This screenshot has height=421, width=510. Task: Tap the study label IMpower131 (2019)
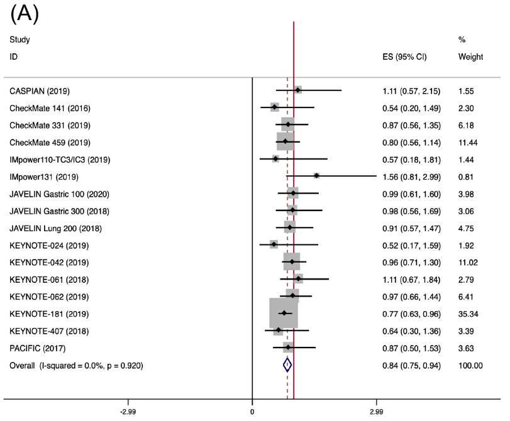(52, 176)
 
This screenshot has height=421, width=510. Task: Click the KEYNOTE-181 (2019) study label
(49, 313)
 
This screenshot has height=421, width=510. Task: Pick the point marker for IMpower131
(316, 176)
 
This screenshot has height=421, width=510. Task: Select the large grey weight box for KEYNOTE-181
(283, 313)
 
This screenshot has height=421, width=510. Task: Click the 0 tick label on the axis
(252, 412)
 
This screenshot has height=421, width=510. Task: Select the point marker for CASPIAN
(297, 90)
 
